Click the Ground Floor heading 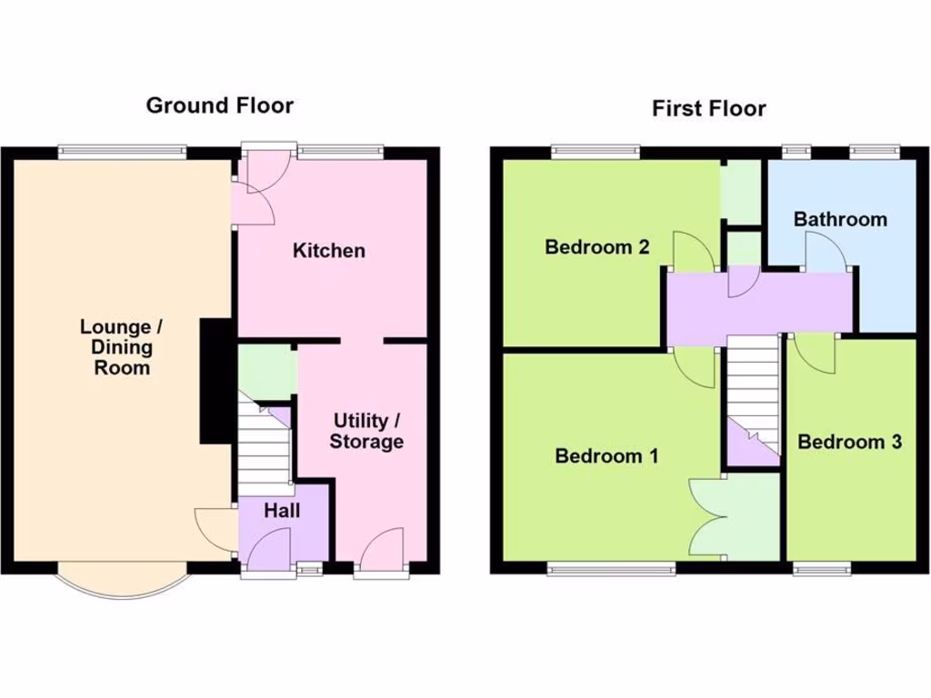(220, 105)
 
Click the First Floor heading (708, 109)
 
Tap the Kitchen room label (328, 251)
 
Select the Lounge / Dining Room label (115, 347)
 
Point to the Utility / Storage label (366, 432)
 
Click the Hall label (282, 511)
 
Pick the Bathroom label (839, 219)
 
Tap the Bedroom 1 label (606, 456)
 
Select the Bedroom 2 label (596, 246)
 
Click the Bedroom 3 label (849, 443)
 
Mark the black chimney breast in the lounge (215, 381)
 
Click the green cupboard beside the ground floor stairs (266, 373)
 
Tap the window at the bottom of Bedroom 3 (822, 570)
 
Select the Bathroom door (826, 254)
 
